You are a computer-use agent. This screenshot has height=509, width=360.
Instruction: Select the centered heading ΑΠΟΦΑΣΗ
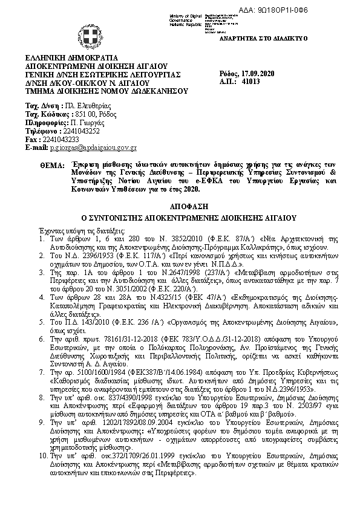point(180,206)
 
